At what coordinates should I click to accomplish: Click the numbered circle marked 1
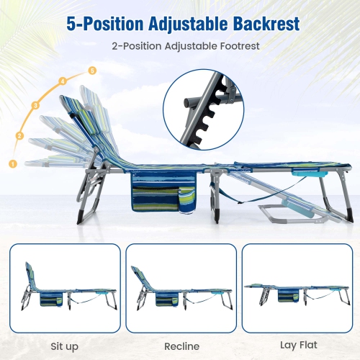pyautogui.click(x=12, y=163)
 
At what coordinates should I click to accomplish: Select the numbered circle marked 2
pyautogui.click(x=19, y=135)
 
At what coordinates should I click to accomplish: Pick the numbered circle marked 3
pyautogui.click(x=35, y=106)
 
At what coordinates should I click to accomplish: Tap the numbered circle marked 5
pyautogui.click(x=91, y=70)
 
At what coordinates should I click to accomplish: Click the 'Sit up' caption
pyautogui.click(x=66, y=346)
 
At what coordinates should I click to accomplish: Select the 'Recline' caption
pyautogui.click(x=181, y=346)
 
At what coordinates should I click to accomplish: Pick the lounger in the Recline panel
pyautogui.click(x=180, y=292)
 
